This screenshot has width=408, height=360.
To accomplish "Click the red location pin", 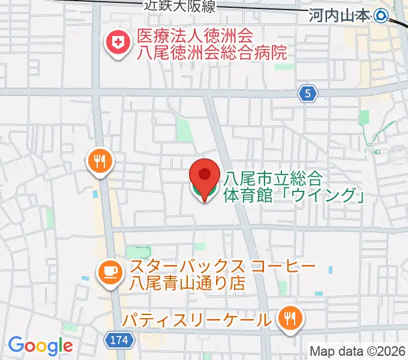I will pyautogui.click(x=205, y=175).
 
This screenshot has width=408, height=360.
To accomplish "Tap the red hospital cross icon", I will pyautogui.click(x=116, y=43).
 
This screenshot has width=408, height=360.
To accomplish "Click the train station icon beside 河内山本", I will pyautogui.click(x=381, y=16).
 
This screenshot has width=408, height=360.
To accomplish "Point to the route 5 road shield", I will pyautogui.click(x=308, y=93).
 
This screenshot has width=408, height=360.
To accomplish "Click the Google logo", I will pyautogui.click(x=40, y=346).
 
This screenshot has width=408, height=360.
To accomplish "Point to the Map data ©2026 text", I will pyautogui.click(x=358, y=351).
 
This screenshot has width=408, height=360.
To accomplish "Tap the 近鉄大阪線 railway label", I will pyautogui.click(x=179, y=6).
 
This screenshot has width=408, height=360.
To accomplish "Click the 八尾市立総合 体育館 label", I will pyautogui.click(x=274, y=178).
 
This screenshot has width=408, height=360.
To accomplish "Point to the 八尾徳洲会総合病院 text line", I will pyautogui.click(x=212, y=53).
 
